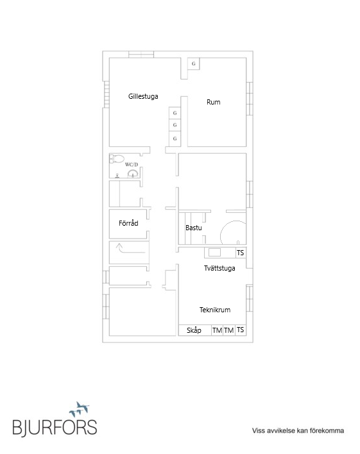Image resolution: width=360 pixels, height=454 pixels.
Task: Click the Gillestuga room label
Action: tap(143, 96)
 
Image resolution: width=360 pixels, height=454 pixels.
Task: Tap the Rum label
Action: tap(213, 102)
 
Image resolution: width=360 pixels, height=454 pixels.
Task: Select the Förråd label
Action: tap(128, 223)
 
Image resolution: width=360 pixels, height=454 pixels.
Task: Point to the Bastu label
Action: tap(194, 228)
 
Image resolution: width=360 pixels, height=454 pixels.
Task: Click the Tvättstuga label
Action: tap(219, 268)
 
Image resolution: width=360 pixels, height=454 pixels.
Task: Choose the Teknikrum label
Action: tap(215, 310)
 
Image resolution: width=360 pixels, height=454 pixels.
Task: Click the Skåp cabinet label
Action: tap(194, 330)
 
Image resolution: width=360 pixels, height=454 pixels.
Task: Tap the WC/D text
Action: tap(132, 164)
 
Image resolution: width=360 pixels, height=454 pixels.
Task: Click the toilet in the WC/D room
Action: tap(117, 158)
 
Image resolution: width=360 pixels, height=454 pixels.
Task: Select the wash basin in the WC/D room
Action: tap(133, 174)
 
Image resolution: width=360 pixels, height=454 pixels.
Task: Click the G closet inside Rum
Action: tap(193, 63)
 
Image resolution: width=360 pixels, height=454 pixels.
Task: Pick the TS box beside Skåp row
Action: tap(240, 330)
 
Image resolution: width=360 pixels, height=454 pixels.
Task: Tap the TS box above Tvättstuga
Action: tap(240, 253)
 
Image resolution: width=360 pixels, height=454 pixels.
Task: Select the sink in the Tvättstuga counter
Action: tap(214, 252)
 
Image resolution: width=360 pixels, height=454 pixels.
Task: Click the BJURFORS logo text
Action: tap(55, 427)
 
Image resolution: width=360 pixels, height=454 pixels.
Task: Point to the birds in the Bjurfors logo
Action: tap(80, 409)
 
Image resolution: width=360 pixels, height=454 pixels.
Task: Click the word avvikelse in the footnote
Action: tap(280, 430)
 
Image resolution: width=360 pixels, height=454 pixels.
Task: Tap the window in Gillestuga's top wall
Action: tap(141, 55)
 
